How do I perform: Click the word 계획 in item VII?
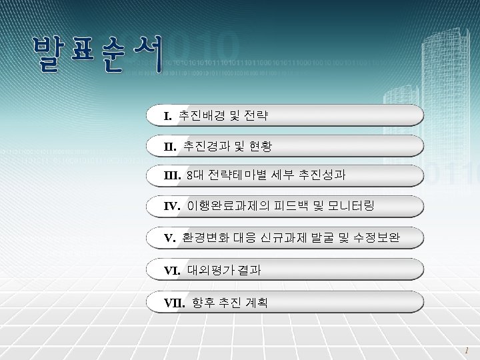coord(253,303)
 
